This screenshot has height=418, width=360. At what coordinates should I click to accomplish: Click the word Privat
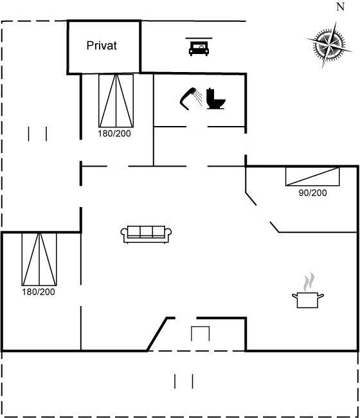click(x=102, y=46)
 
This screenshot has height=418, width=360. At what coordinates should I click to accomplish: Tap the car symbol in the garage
click(x=197, y=48)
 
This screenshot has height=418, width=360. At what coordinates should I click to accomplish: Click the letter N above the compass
click(x=340, y=7)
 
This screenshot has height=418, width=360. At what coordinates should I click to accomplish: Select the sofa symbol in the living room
click(x=147, y=233)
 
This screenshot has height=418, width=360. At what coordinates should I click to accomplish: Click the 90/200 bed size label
click(x=312, y=192)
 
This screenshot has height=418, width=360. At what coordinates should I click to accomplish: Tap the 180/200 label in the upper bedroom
click(x=114, y=134)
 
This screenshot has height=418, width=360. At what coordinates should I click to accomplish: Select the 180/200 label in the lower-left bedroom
click(x=39, y=292)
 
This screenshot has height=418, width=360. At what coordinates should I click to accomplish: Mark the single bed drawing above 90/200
click(x=312, y=176)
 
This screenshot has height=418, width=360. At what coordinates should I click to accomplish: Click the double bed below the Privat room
click(x=116, y=100)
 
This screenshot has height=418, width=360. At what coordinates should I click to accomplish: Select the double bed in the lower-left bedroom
click(x=39, y=260)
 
